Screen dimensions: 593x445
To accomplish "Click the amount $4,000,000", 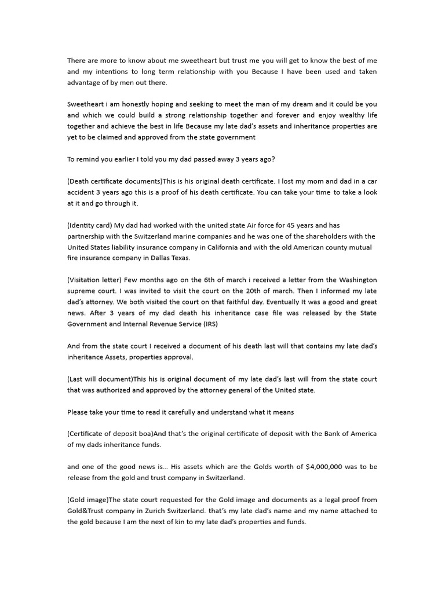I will click(327, 467).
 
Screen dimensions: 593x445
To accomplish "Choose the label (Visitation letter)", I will click(93, 280).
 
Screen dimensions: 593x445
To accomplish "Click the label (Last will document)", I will click(100, 379).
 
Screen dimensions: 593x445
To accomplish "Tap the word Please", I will click(78, 412).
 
